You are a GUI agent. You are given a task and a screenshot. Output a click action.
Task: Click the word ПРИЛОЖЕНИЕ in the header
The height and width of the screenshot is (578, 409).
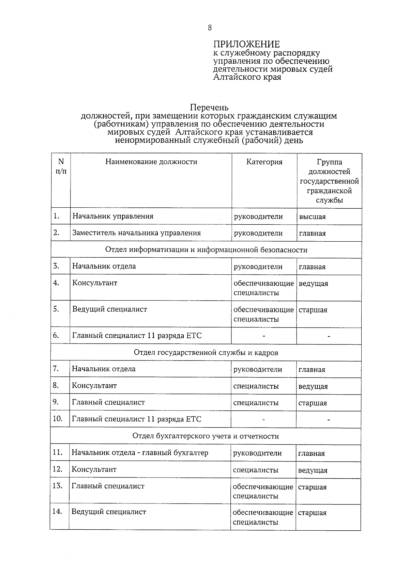tap(246, 44)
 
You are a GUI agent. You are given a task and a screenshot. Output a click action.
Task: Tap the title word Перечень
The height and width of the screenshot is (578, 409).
tap(209, 108)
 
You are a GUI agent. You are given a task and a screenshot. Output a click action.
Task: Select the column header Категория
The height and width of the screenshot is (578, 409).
tap(264, 162)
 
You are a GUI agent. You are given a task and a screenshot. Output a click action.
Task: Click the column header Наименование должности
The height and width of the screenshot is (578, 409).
tap(151, 162)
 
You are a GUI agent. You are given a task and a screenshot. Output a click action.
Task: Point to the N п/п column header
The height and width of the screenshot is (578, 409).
tap(61, 166)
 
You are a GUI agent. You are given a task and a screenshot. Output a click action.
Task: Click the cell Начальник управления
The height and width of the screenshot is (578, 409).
tap(113, 216)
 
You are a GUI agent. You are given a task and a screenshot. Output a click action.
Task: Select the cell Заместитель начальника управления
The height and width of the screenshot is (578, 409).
tap(136, 233)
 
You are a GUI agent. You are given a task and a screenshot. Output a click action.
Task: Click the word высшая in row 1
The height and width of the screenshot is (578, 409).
tap(312, 217)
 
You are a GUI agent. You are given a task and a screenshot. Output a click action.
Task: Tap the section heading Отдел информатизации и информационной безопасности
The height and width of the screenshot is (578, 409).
tap(206, 250)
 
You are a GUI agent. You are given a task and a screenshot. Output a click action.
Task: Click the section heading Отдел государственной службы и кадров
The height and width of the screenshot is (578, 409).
tap(206, 353)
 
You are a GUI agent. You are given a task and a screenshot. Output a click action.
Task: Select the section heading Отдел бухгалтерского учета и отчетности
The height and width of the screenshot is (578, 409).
tap(206, 436)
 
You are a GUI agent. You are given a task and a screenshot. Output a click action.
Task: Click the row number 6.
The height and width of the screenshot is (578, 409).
tap(56, 335)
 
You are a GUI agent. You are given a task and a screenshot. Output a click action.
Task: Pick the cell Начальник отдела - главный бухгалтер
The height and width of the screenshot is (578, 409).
tap(140, 453)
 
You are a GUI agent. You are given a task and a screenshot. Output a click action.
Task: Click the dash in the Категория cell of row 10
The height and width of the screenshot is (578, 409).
tap(263, 420)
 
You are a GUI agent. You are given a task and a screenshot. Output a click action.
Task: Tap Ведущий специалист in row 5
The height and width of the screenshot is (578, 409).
tap(109, 309)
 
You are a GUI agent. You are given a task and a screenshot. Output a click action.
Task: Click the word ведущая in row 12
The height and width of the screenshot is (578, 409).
tap(313, 470)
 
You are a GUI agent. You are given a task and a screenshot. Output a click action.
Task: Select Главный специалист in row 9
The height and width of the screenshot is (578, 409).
tap(108, 402)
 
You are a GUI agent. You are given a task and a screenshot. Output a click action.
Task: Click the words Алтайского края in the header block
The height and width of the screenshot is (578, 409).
tap(247, 77)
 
